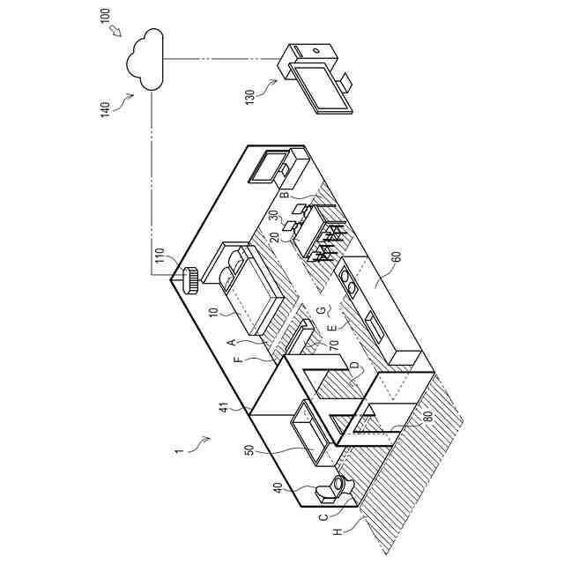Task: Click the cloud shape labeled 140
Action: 145,59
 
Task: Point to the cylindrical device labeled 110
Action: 189,280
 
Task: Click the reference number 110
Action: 160,256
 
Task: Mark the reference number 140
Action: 105,109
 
